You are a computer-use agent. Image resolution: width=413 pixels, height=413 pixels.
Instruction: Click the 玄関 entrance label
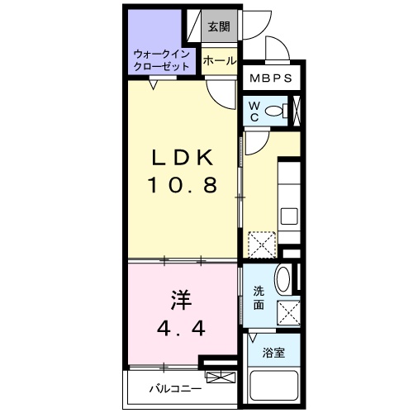click(x=219, y=26)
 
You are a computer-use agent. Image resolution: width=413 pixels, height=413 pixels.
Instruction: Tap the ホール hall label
click(x=220, y=61)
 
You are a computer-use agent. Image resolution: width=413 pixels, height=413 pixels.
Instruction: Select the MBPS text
click(x=271, y=78)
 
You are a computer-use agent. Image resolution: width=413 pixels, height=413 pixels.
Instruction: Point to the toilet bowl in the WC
click(x=276, y=111)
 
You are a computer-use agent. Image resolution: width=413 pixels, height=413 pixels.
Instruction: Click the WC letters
click(x=254, y=112)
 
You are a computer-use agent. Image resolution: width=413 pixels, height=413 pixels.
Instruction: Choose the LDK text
click(x=183, y=158)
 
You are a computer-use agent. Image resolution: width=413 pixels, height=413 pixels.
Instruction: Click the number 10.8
click(x=183, y=184)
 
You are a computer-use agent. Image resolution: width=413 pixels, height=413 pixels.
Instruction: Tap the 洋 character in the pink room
click(x=181, y=300)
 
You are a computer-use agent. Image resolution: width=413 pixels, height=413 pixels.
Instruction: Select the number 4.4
click(x=181, y=328)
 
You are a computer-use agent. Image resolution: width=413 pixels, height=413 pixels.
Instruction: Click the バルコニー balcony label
click(x=176, y=389)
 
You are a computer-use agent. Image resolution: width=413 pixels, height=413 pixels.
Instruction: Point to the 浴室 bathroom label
click(x=273, y=353)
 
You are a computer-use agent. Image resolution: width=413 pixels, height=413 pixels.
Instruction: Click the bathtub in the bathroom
click(x=273, y=386)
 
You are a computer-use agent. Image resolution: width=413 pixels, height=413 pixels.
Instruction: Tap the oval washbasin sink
click(x=283, y=278)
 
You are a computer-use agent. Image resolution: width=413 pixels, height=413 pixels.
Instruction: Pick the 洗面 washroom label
click(x=259, y=297)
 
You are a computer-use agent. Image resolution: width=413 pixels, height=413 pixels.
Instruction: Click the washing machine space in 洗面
click(x=288, y=313)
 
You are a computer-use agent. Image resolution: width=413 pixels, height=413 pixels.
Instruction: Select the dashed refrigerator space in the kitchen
click(x=262, y=244)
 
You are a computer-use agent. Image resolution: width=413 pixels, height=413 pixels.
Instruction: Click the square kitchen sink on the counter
click(x=289, y=216)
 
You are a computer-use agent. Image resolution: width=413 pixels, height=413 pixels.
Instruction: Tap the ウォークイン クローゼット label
click(x=162, y=60)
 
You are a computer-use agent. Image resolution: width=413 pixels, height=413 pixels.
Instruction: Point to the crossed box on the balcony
click(x=221, y=377)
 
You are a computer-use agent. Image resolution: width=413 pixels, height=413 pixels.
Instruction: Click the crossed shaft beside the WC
click(x=297, y=110)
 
